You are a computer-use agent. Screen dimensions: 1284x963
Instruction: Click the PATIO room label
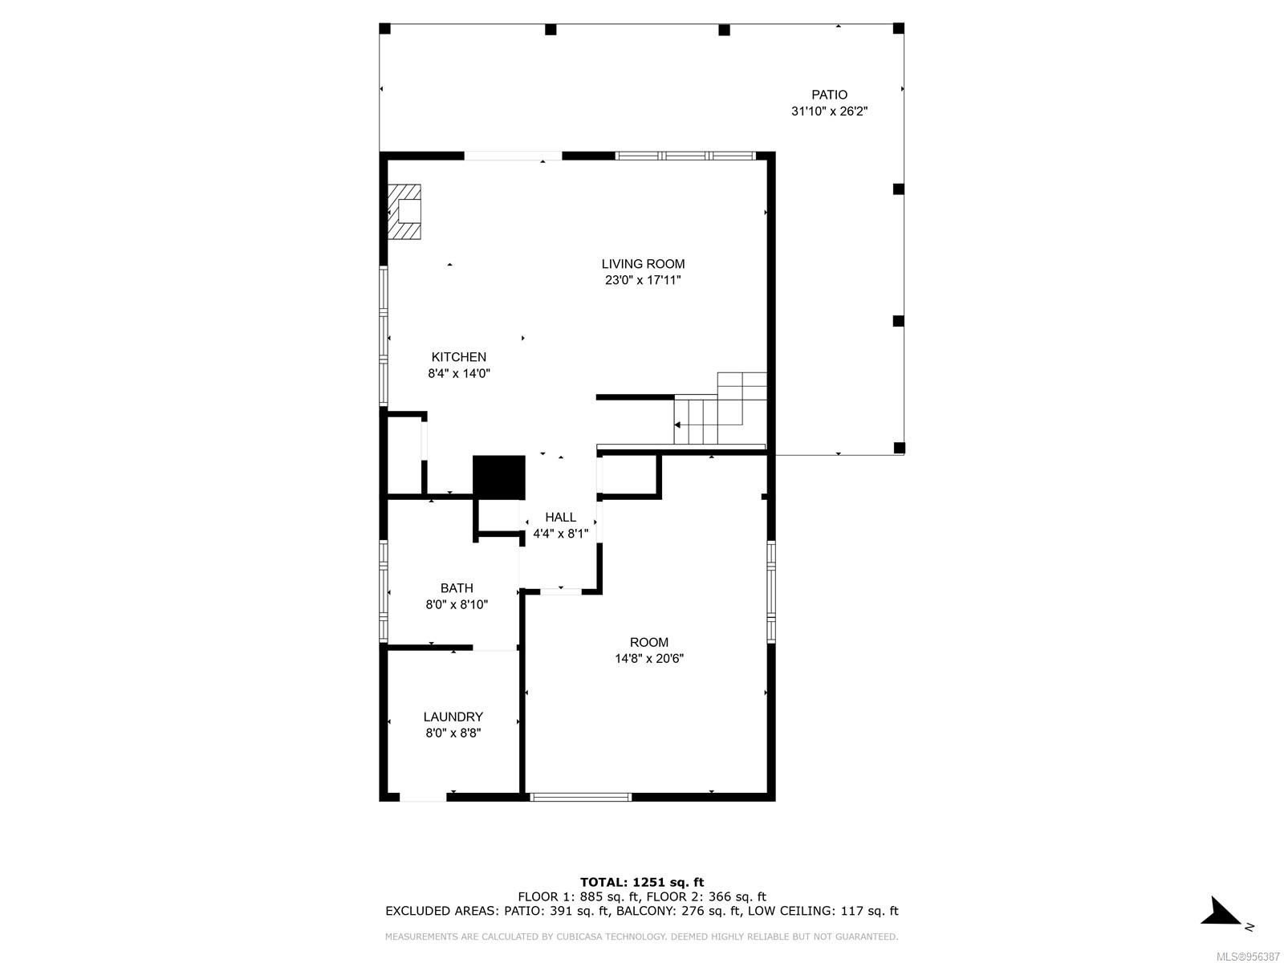828,95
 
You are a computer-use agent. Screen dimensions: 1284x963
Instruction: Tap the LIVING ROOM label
642,264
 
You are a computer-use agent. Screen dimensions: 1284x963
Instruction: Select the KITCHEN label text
458,356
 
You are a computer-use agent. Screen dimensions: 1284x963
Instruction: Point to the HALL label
560,517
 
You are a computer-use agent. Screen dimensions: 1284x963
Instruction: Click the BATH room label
457,588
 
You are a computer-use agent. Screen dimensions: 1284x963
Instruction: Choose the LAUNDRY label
453,717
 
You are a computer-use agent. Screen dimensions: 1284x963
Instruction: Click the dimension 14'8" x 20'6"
648,658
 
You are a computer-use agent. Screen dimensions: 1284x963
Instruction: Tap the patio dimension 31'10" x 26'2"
828,111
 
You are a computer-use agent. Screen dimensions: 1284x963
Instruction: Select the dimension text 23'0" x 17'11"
642,280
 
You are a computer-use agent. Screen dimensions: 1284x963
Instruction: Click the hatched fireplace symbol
404,212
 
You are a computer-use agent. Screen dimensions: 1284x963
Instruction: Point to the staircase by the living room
720,408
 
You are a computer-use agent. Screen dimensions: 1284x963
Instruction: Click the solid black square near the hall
498,477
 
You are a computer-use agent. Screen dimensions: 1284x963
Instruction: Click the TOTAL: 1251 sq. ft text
641,882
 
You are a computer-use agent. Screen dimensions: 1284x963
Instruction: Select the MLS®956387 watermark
1248,957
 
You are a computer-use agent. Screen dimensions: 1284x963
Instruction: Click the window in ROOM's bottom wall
580,797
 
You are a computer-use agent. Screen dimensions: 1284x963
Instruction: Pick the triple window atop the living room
685,156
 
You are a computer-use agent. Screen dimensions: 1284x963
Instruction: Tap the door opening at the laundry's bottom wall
423,797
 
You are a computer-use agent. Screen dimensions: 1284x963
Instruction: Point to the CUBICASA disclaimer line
641,936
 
